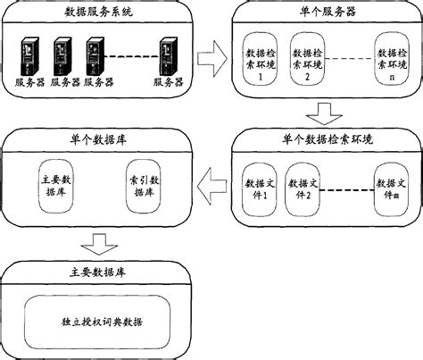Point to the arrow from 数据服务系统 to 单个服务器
tap(211, 61)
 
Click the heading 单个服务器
tap(323, 12)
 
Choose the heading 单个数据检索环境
tap(323, 141)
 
